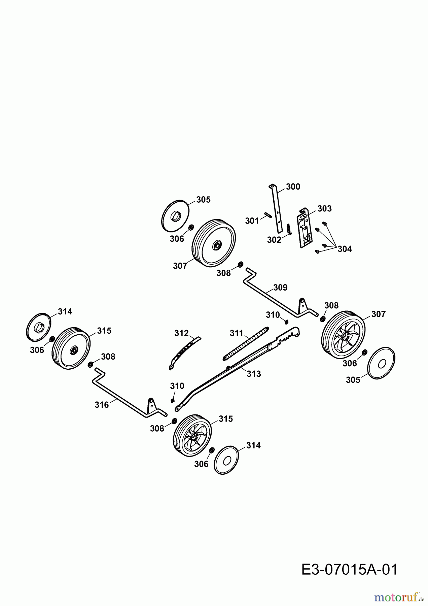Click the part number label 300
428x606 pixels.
(x=293, y=187)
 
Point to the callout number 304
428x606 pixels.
(x=345, y=249)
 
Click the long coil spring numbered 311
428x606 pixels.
(x=246, y=343)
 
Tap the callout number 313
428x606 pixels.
(x=254, y=374)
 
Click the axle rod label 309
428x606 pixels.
(x=280, y=288)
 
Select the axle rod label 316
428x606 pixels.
(x=102, y=405)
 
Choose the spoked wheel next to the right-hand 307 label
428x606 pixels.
(x=343, y=335)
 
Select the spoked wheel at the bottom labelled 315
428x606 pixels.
(x=192, y=436)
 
